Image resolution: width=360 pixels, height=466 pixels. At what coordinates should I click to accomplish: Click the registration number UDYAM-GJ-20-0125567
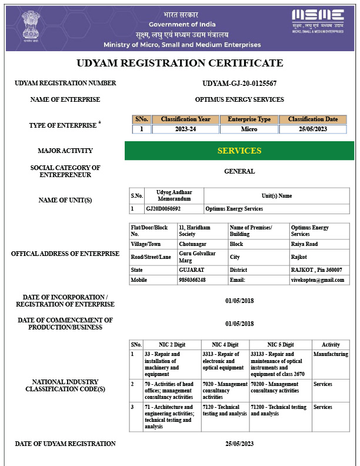pos(239,84)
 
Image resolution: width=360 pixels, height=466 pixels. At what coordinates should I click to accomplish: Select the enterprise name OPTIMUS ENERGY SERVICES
pos(239,99)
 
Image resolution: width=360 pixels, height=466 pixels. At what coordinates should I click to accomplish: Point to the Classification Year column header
pos(185,119)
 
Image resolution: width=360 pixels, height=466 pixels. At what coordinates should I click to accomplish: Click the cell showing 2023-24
pos(185,129)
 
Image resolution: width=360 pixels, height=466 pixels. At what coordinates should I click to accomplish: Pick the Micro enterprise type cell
pos(249,129)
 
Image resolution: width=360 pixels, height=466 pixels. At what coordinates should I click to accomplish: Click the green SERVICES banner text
pos(239,151)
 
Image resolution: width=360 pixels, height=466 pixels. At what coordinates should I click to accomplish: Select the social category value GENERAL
pos(239,171)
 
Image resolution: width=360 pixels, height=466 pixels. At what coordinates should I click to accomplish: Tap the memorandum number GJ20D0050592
pos(164,209)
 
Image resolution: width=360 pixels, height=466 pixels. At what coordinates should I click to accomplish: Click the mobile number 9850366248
pos(192,280)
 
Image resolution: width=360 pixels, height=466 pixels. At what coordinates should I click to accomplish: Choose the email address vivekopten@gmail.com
pos(318,280)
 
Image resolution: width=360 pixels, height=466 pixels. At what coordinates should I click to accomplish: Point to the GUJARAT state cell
pos(191,269)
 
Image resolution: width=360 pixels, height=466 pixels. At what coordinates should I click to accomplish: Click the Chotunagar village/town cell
pos(192,244)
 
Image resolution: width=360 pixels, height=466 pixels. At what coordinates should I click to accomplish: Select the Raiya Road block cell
pos(304,244)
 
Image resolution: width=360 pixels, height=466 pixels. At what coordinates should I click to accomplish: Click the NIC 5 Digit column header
pos(280,345)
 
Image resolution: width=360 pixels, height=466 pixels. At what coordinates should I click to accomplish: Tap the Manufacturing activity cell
pos(331,354)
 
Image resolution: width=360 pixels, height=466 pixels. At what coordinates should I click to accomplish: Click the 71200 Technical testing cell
pos(278,410)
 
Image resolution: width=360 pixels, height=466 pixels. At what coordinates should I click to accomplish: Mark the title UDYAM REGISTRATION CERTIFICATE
pos(180,63)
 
